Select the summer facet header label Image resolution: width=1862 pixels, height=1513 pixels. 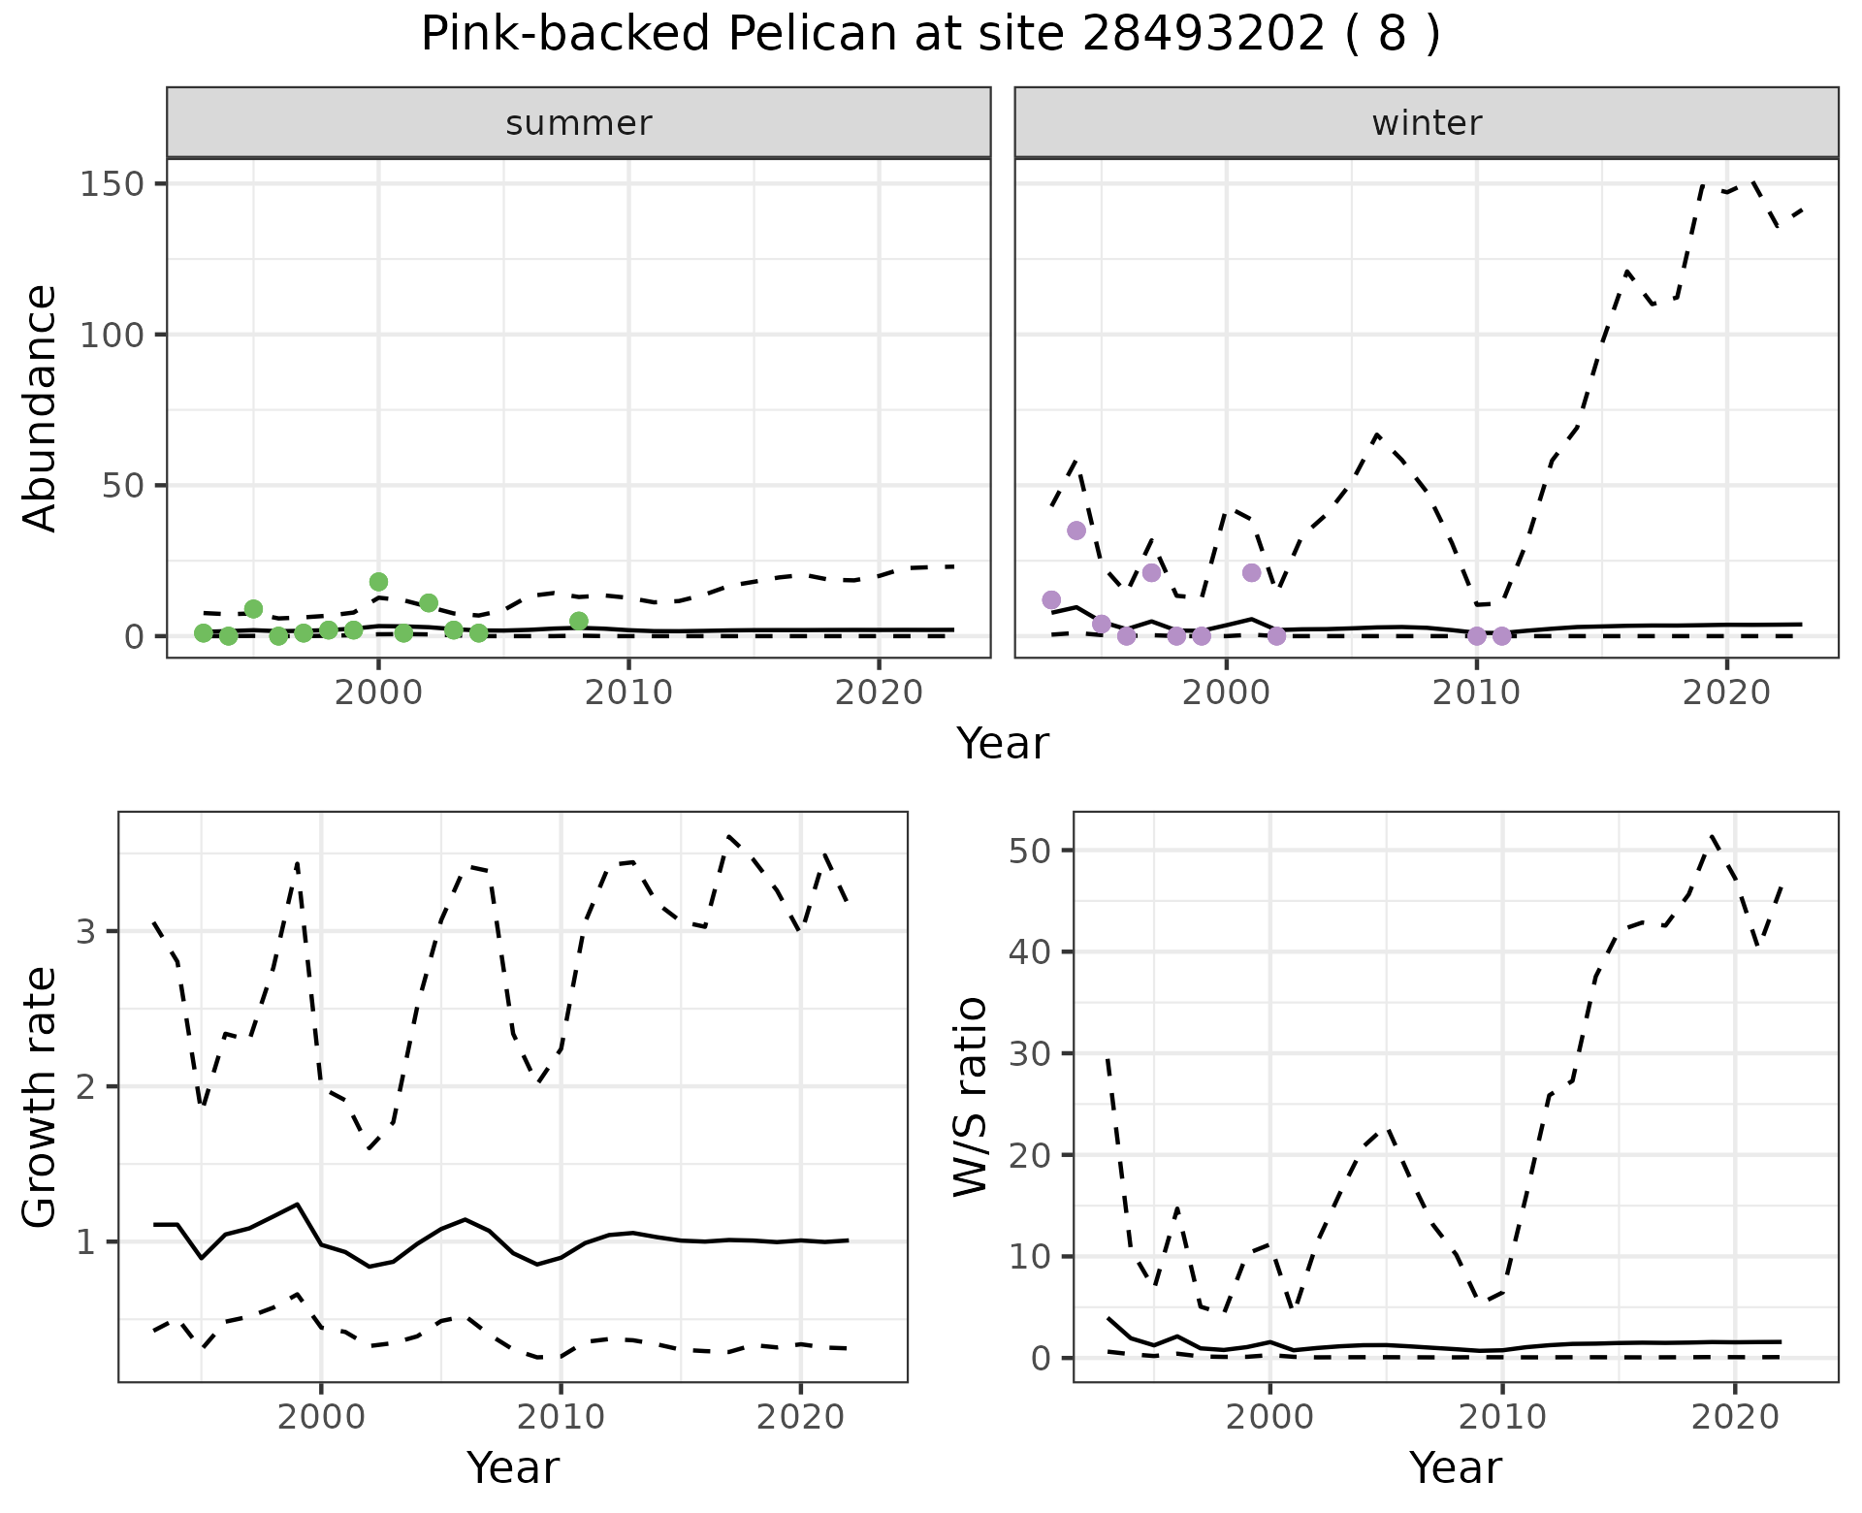(x=579, y=123)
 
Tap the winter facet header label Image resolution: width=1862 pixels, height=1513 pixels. (x=1427, y=123)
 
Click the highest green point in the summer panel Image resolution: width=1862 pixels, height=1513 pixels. (x=379, y=582)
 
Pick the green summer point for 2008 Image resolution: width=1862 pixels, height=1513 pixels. (x=579, y=621)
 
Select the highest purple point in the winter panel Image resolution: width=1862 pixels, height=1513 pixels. (x=1076, y=531)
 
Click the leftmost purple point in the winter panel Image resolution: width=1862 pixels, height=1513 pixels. (x=1051, y=600)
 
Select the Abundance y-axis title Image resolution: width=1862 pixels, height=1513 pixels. (x=41, y=408)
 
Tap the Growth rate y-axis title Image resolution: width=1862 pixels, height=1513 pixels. (x=41, y=1097)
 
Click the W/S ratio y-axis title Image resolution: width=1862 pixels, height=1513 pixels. (x=971, y=1097)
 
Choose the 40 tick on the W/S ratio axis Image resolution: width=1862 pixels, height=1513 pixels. (x=1030, y=952)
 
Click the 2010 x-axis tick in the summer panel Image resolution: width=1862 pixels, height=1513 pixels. (x=628, y=692)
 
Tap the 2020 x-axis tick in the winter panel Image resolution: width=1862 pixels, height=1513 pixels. (x=1726, y=692)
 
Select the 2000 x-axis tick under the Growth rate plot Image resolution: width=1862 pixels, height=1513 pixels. (x=321, y=1417)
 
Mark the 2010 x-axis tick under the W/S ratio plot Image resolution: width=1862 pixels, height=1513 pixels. (x=1502, y=1417)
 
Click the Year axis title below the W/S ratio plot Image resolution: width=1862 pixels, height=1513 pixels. (x=1456, y=1468)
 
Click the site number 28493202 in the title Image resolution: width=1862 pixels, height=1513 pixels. (x=1203, y=35)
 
